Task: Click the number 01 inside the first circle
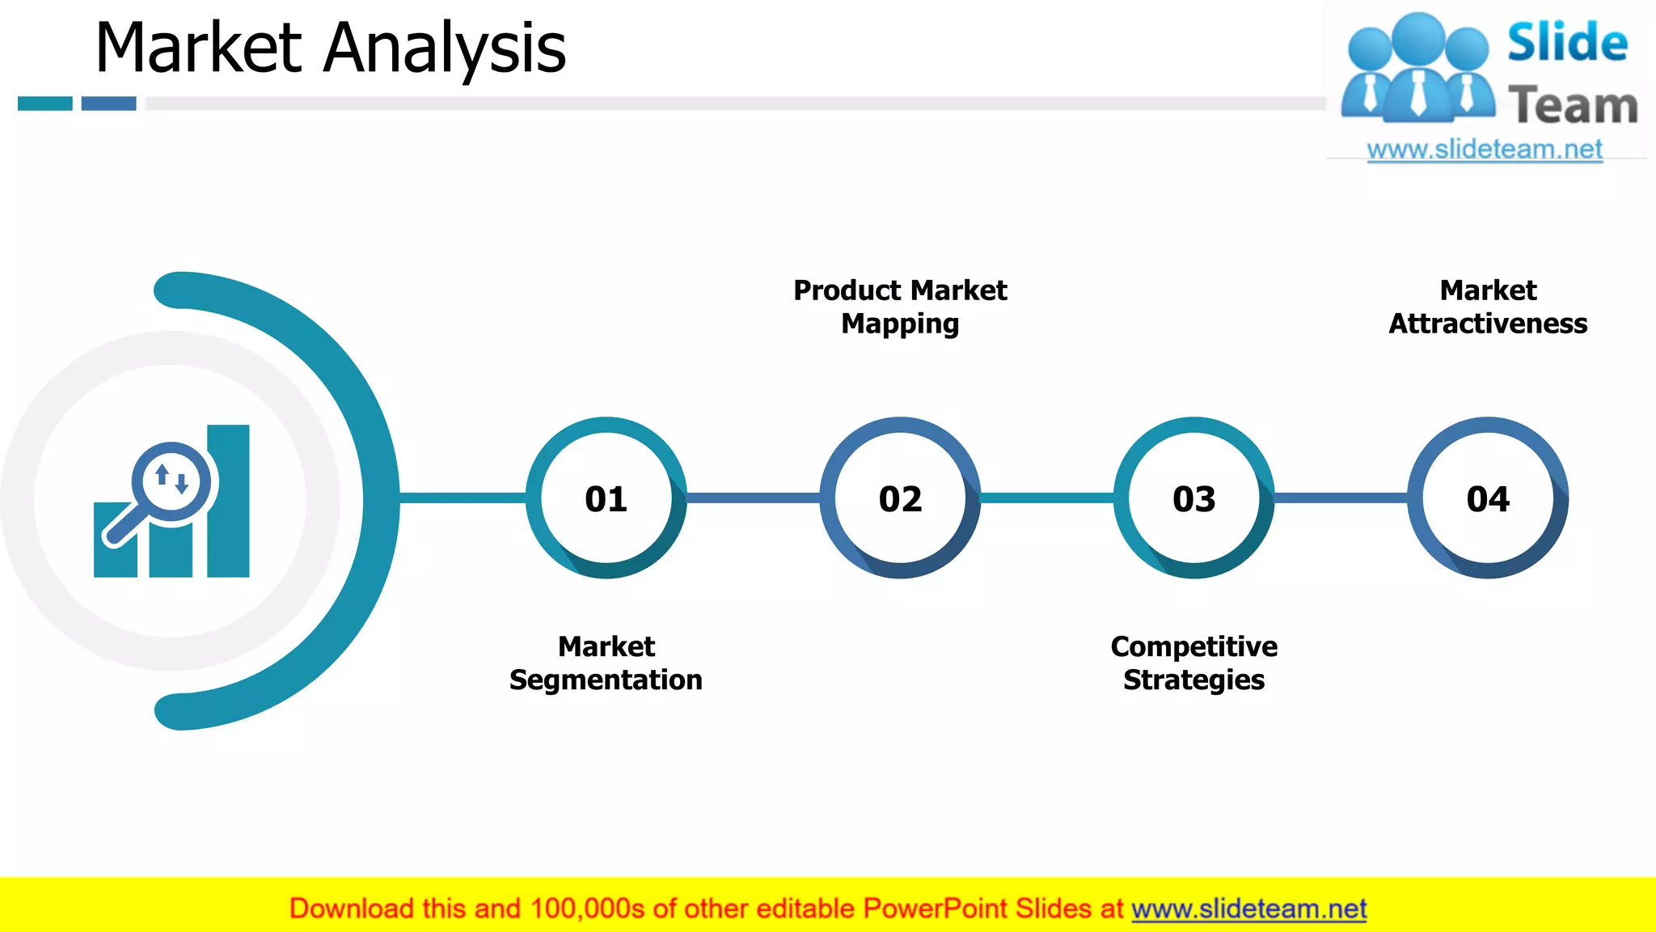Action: (606, 499)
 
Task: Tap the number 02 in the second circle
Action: (900, 499)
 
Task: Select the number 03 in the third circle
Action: (1193, 499)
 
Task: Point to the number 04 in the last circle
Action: (1488, 499)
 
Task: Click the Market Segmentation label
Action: (606, 663)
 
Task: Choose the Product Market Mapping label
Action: (900, 307)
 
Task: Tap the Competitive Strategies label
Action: (1193, 663)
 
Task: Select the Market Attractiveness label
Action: (1488, 307)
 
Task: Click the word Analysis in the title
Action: (445, 49)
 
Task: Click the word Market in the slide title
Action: (199, 49)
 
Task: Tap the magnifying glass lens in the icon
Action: (171, 481)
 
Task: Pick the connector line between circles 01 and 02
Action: (753, 498)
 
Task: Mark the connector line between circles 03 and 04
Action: (1341, 498)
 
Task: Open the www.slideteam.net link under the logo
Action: (1485, 150)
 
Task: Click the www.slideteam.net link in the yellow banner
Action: (1248, 909)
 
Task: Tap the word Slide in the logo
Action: (1567, 43)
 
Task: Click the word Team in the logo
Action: (1573, 106)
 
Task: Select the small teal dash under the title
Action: (45, 104)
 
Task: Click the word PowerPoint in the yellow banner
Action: (935, 909)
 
